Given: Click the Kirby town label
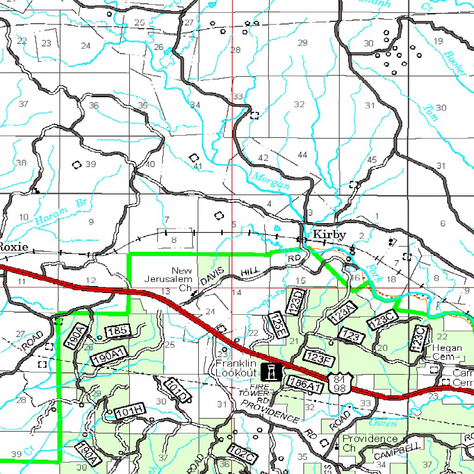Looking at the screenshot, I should [x=329, y=235].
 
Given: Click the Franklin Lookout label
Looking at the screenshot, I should [x=236, y=368].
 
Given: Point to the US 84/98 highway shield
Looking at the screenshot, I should [x=339, y=384].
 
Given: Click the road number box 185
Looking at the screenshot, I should [x=119, y=331].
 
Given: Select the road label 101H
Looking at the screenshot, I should [x=131, y=412].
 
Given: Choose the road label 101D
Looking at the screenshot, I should [x=178, y=390].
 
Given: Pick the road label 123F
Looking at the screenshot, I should [x=319, y=356].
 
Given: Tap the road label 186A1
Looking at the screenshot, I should [x=304, y=382].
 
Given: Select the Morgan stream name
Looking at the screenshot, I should [x=271, y=181].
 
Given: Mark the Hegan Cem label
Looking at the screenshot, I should [x=447, y=352].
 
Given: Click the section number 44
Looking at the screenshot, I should [x=303, y=155].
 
